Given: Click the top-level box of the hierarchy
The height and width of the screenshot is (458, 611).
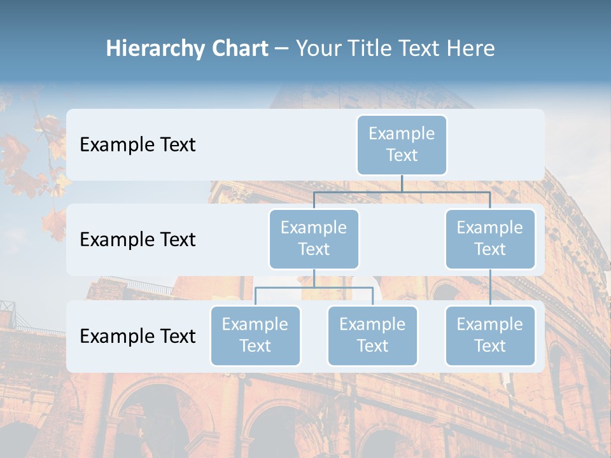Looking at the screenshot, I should click(x=402, y=144).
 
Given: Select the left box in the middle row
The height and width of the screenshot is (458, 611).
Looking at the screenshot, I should click(x=314, y=239).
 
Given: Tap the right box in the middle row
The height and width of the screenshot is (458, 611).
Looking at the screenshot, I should click(x=490, y=239).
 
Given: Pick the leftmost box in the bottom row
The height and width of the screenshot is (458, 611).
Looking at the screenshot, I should click(x=255, y=335).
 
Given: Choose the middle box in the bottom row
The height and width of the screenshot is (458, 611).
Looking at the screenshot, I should click(x=372, y=335).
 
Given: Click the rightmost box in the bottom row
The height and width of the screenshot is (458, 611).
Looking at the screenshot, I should click(x=490, y=335).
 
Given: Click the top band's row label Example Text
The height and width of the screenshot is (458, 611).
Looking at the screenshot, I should click(x=137, y=145).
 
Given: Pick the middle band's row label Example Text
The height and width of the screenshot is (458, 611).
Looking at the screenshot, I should click(x=137, y=240).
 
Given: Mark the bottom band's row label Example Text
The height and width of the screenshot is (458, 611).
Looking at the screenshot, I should click(x=137, y=336).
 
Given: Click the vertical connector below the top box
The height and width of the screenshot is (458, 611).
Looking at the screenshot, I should click(x=402, y=183).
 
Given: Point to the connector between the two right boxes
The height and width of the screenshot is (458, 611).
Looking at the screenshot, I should click(x=490, y=287).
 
